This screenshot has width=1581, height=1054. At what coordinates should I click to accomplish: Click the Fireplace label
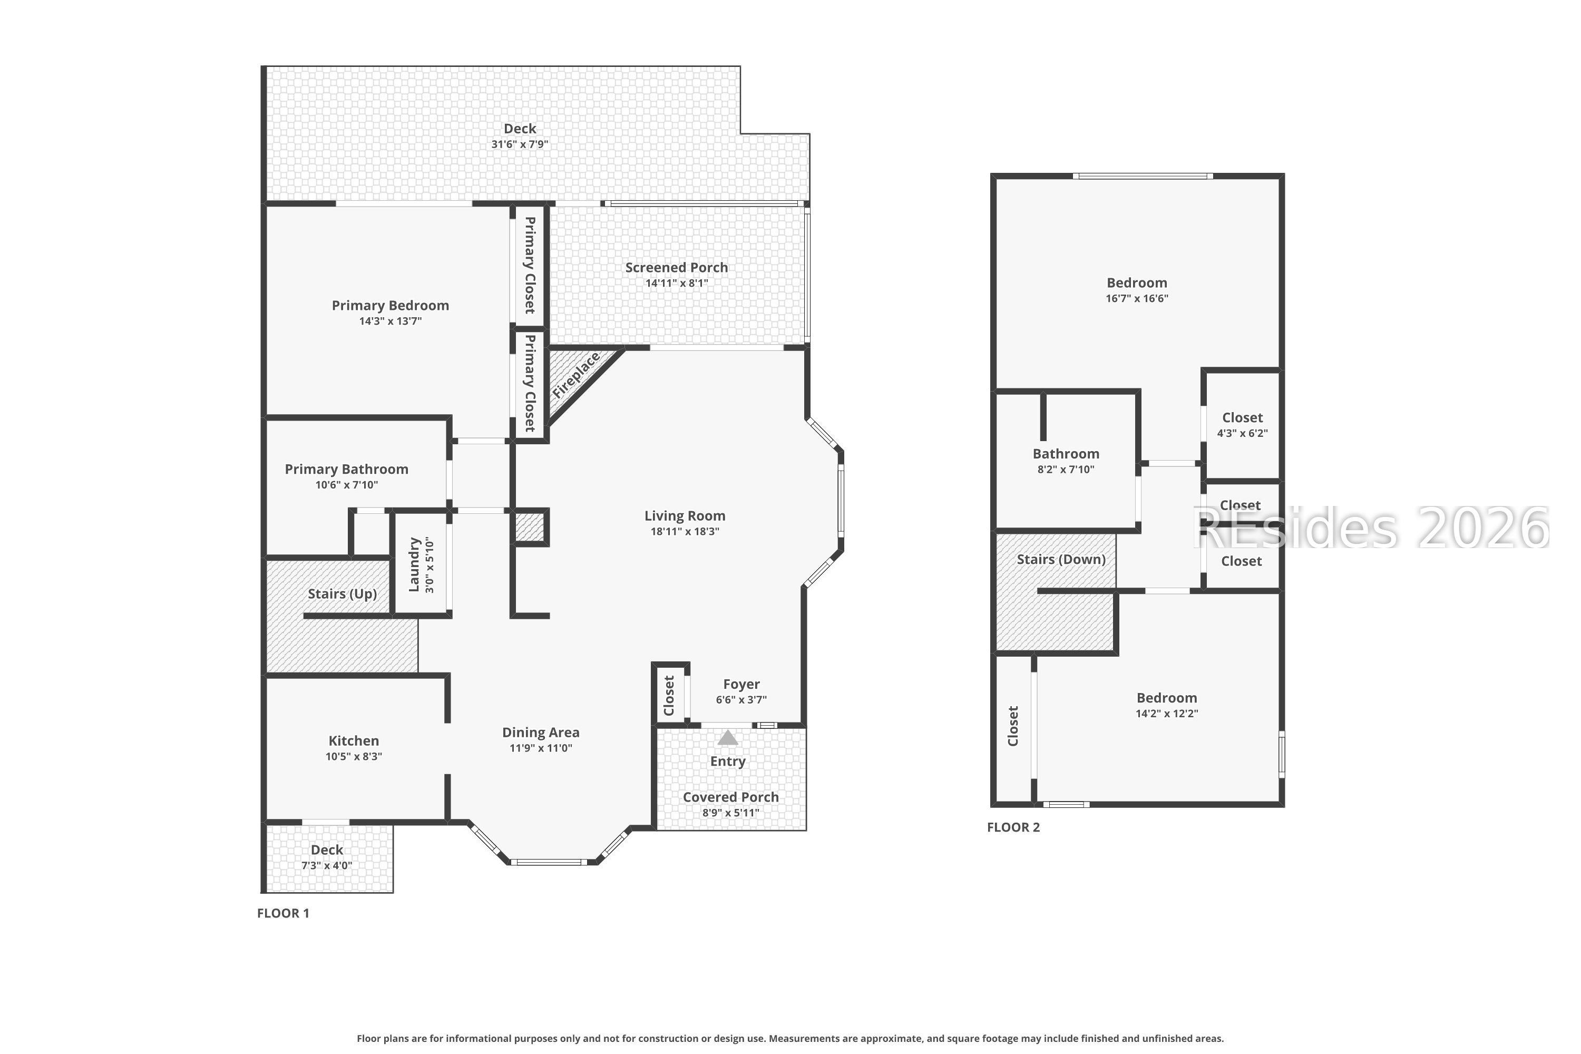pyautogui.click(x=576, y=375)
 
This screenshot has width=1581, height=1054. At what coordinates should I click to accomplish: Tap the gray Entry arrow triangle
pyautogui.click(x=727, y=738)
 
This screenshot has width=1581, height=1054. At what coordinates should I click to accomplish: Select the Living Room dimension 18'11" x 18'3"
pyautogui.click(x=685, y=532)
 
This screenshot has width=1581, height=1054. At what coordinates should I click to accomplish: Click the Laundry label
pyautogui.click(x=414, y=564)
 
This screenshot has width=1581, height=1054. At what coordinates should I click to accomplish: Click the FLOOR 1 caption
pyautogui.click(x=283, y=913)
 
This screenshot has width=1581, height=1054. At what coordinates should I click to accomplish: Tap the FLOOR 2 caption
pyautogui.click(x=1013, y=827)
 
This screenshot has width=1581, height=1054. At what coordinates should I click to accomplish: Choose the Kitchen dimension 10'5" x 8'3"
pyautogui.click(x=354, y=757)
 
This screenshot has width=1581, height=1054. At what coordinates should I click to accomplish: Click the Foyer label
pyautogui.click(x=741, y=684)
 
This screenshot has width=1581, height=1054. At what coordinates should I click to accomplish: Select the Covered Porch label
pyautogui.click(x=730, y=797)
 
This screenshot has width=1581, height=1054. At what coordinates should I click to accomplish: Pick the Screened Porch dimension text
pyautogui.click(x=676, y=284)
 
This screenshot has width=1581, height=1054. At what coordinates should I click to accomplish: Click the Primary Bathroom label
pyautogui.click(x=346, y=469)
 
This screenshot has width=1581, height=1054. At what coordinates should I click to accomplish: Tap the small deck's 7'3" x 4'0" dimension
pyautogui.click(x=327, y=866)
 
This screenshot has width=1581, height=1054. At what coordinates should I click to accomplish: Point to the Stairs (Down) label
pyautogui.click(x=1061, y=559)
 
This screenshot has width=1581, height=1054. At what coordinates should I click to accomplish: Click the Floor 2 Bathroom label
pyautogui.click(x=1066, y=454)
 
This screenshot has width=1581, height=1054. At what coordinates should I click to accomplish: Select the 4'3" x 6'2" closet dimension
pyautogui.click(x=1242, y=434)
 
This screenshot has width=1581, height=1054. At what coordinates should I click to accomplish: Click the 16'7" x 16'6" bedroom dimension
pyautogui.click(x=1137, y=298)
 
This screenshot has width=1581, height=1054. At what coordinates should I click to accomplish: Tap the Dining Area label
pyautogui.click(x=541, y=733)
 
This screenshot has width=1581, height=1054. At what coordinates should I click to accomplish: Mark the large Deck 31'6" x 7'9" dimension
pyautogui.click(x=520, y=144)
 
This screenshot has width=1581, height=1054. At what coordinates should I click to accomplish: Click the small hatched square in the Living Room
pyautogui.click(x=530, y=526)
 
